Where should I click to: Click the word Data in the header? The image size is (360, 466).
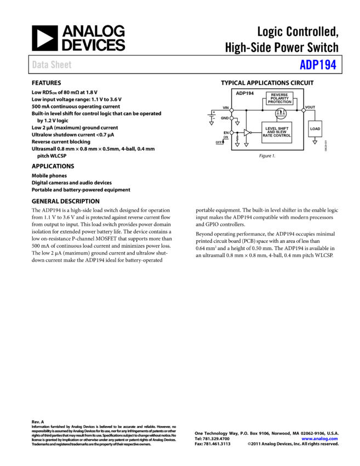(x=39, y=65)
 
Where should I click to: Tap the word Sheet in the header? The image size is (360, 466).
(x=61, y=65)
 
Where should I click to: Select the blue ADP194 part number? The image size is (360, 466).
(x=318, y=65)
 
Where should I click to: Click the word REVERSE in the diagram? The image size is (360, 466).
(x=279, y=95)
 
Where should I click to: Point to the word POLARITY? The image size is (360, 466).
(x=279, y=98)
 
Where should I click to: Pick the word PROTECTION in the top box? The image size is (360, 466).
(x=279, y=102)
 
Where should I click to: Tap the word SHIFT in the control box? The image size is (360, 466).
(x=283, y=129)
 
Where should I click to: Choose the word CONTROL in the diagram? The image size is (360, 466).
(x=282, y=135)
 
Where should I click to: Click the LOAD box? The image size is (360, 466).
(x=315, y=129)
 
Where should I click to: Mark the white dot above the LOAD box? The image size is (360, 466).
(x=304, y=110)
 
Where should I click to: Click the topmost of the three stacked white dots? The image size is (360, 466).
(x=231, y=110)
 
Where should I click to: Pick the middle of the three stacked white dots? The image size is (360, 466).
(x=231, y=118)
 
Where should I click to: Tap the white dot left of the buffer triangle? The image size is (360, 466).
(x=231, y=133)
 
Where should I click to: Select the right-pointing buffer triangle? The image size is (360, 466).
(x=247, y=133)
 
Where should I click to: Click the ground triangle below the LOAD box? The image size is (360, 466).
(x=315, y=143)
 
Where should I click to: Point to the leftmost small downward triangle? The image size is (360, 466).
(x=212, y=123)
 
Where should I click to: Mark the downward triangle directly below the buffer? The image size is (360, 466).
(x=246, y=145)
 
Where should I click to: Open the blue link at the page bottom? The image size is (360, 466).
(x=319, y=439)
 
